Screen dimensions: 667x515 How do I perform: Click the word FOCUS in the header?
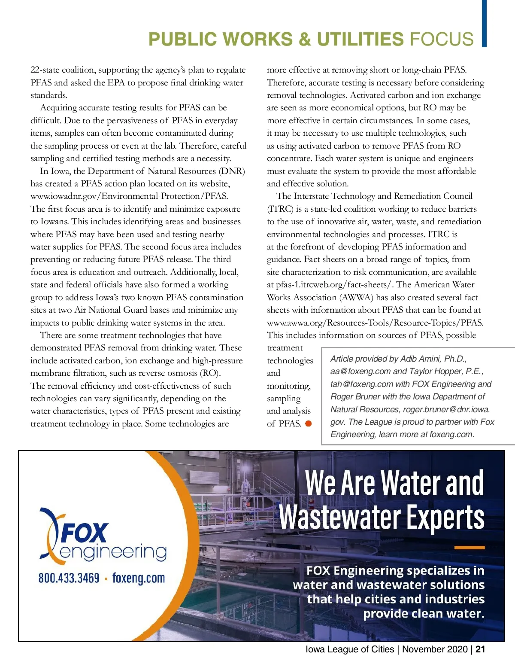coord(442,40)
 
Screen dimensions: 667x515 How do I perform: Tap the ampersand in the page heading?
coord(304,40)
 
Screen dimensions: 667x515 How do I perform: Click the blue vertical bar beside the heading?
coord(484,23)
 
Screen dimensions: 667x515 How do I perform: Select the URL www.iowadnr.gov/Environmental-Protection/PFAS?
coord(129,196)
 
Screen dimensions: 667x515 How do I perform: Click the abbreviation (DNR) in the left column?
coord(232,171)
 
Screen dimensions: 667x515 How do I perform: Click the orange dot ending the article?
coord(308,424)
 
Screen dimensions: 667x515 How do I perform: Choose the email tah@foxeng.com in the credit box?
coord(361,384)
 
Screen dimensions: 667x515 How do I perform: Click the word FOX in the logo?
coord(84,533)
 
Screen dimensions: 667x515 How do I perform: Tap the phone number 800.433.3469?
coord(69,578)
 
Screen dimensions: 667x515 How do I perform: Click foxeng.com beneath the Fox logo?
coord(139,578)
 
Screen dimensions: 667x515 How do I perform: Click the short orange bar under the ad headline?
coord(469,548)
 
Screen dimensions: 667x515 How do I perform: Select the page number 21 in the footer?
coord(480,649)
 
